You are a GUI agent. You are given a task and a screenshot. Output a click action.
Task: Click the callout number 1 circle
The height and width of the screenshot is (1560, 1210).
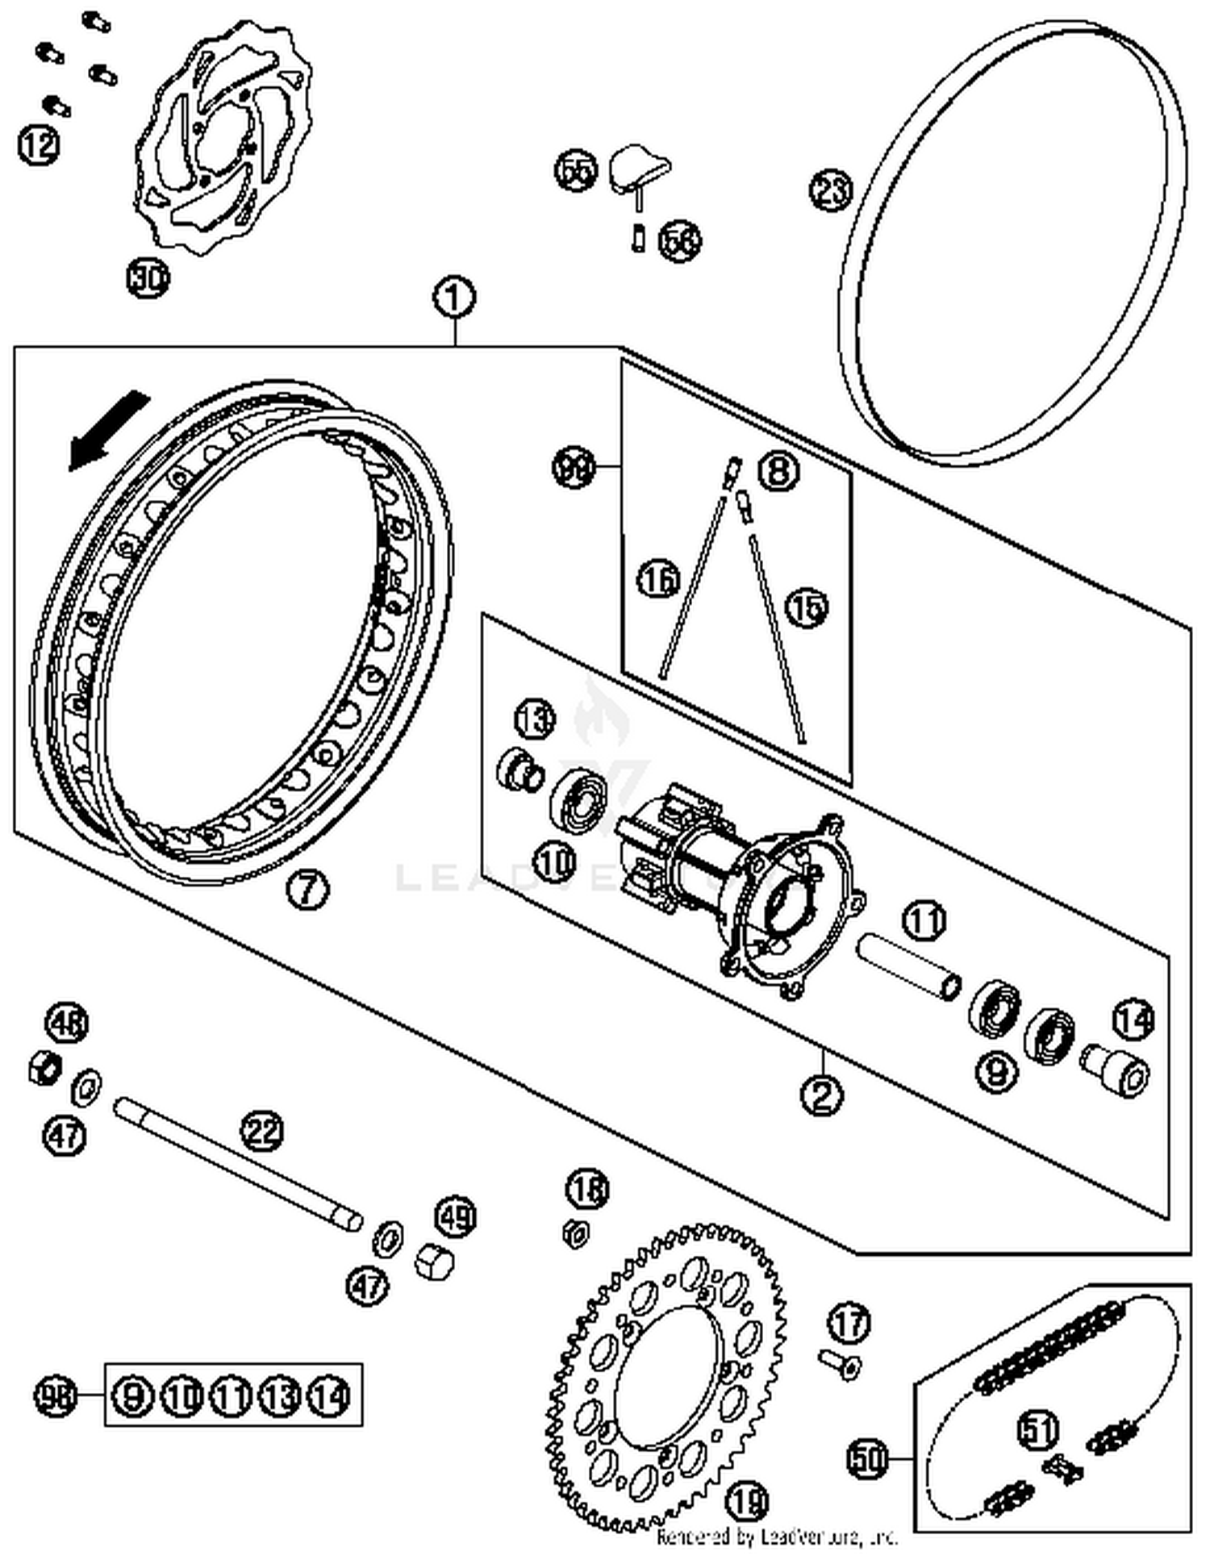[x=454, y=298]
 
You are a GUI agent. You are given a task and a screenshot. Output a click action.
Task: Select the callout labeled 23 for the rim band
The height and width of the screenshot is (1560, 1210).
[x=831, y=190]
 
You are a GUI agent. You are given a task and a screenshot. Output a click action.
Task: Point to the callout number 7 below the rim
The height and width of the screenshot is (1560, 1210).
[x=308, y=890]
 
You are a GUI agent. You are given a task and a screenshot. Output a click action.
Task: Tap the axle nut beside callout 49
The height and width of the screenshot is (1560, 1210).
[x=434, y=1260]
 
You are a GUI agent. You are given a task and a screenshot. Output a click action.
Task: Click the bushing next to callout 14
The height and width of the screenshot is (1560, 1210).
[x=1117, y=1069]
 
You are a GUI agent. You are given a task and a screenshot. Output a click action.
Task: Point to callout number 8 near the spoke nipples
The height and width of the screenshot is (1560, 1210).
[x=778, y=469]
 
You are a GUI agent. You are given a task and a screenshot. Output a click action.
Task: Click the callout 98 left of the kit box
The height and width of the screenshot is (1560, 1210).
[x=56, y=1396]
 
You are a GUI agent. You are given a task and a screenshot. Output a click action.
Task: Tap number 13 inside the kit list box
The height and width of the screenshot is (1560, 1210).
[x=280, y=1396]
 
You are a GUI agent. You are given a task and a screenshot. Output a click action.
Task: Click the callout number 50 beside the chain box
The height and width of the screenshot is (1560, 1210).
[x=867, y=1458]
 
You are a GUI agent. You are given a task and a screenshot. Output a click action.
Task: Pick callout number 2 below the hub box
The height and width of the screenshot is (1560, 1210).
[x=822, y=1095]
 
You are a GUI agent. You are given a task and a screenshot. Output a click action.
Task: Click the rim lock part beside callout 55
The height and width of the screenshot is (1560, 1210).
[x=637, y=167]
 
